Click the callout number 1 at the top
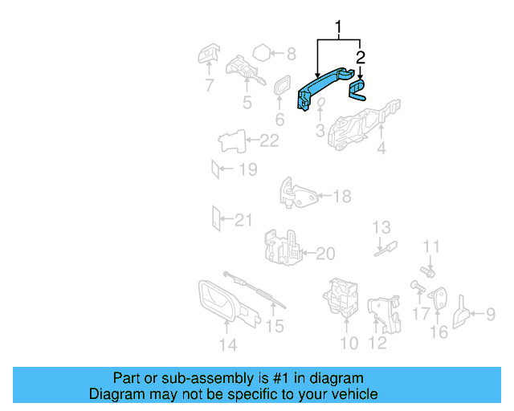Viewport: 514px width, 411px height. pos(339,30)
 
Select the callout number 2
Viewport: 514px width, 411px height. pos(361,57)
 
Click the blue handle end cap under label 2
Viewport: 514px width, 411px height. pos(357,87)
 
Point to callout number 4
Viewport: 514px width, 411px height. pos(381,148)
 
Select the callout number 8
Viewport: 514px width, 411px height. pos(291,55)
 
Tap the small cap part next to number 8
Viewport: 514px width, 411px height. pos(261,55)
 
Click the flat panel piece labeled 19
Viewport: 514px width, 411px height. pos(214,169)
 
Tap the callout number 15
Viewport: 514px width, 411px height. pos(275,326)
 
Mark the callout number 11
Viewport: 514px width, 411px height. pos(432,246)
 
